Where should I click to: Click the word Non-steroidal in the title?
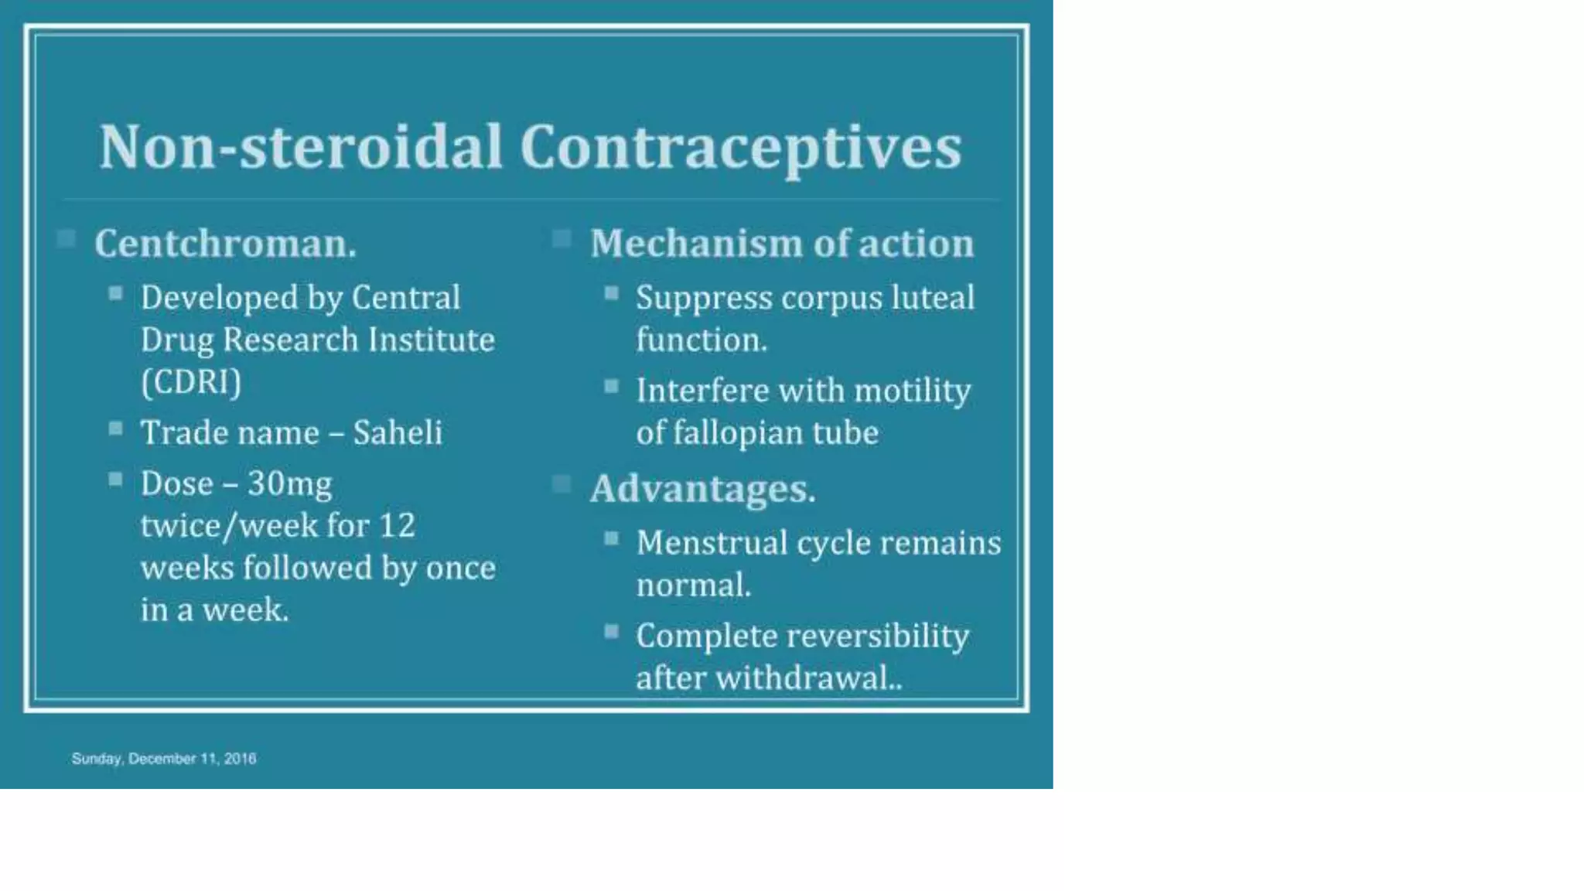tap(301, 146)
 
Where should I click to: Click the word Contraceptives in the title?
tap(740, 146)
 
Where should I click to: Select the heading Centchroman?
tap(225, 244)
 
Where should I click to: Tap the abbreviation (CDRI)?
tap(191, 382)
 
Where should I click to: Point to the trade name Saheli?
tap(398, 432)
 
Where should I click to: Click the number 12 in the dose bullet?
tap(397, 526)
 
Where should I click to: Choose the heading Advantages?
tap(702, 489)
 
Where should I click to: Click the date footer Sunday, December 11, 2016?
tap(164, 759)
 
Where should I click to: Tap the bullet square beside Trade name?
tap(116, 428)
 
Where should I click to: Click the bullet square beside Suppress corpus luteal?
tap(612, 293)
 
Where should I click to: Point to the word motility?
tap(912, 391)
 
